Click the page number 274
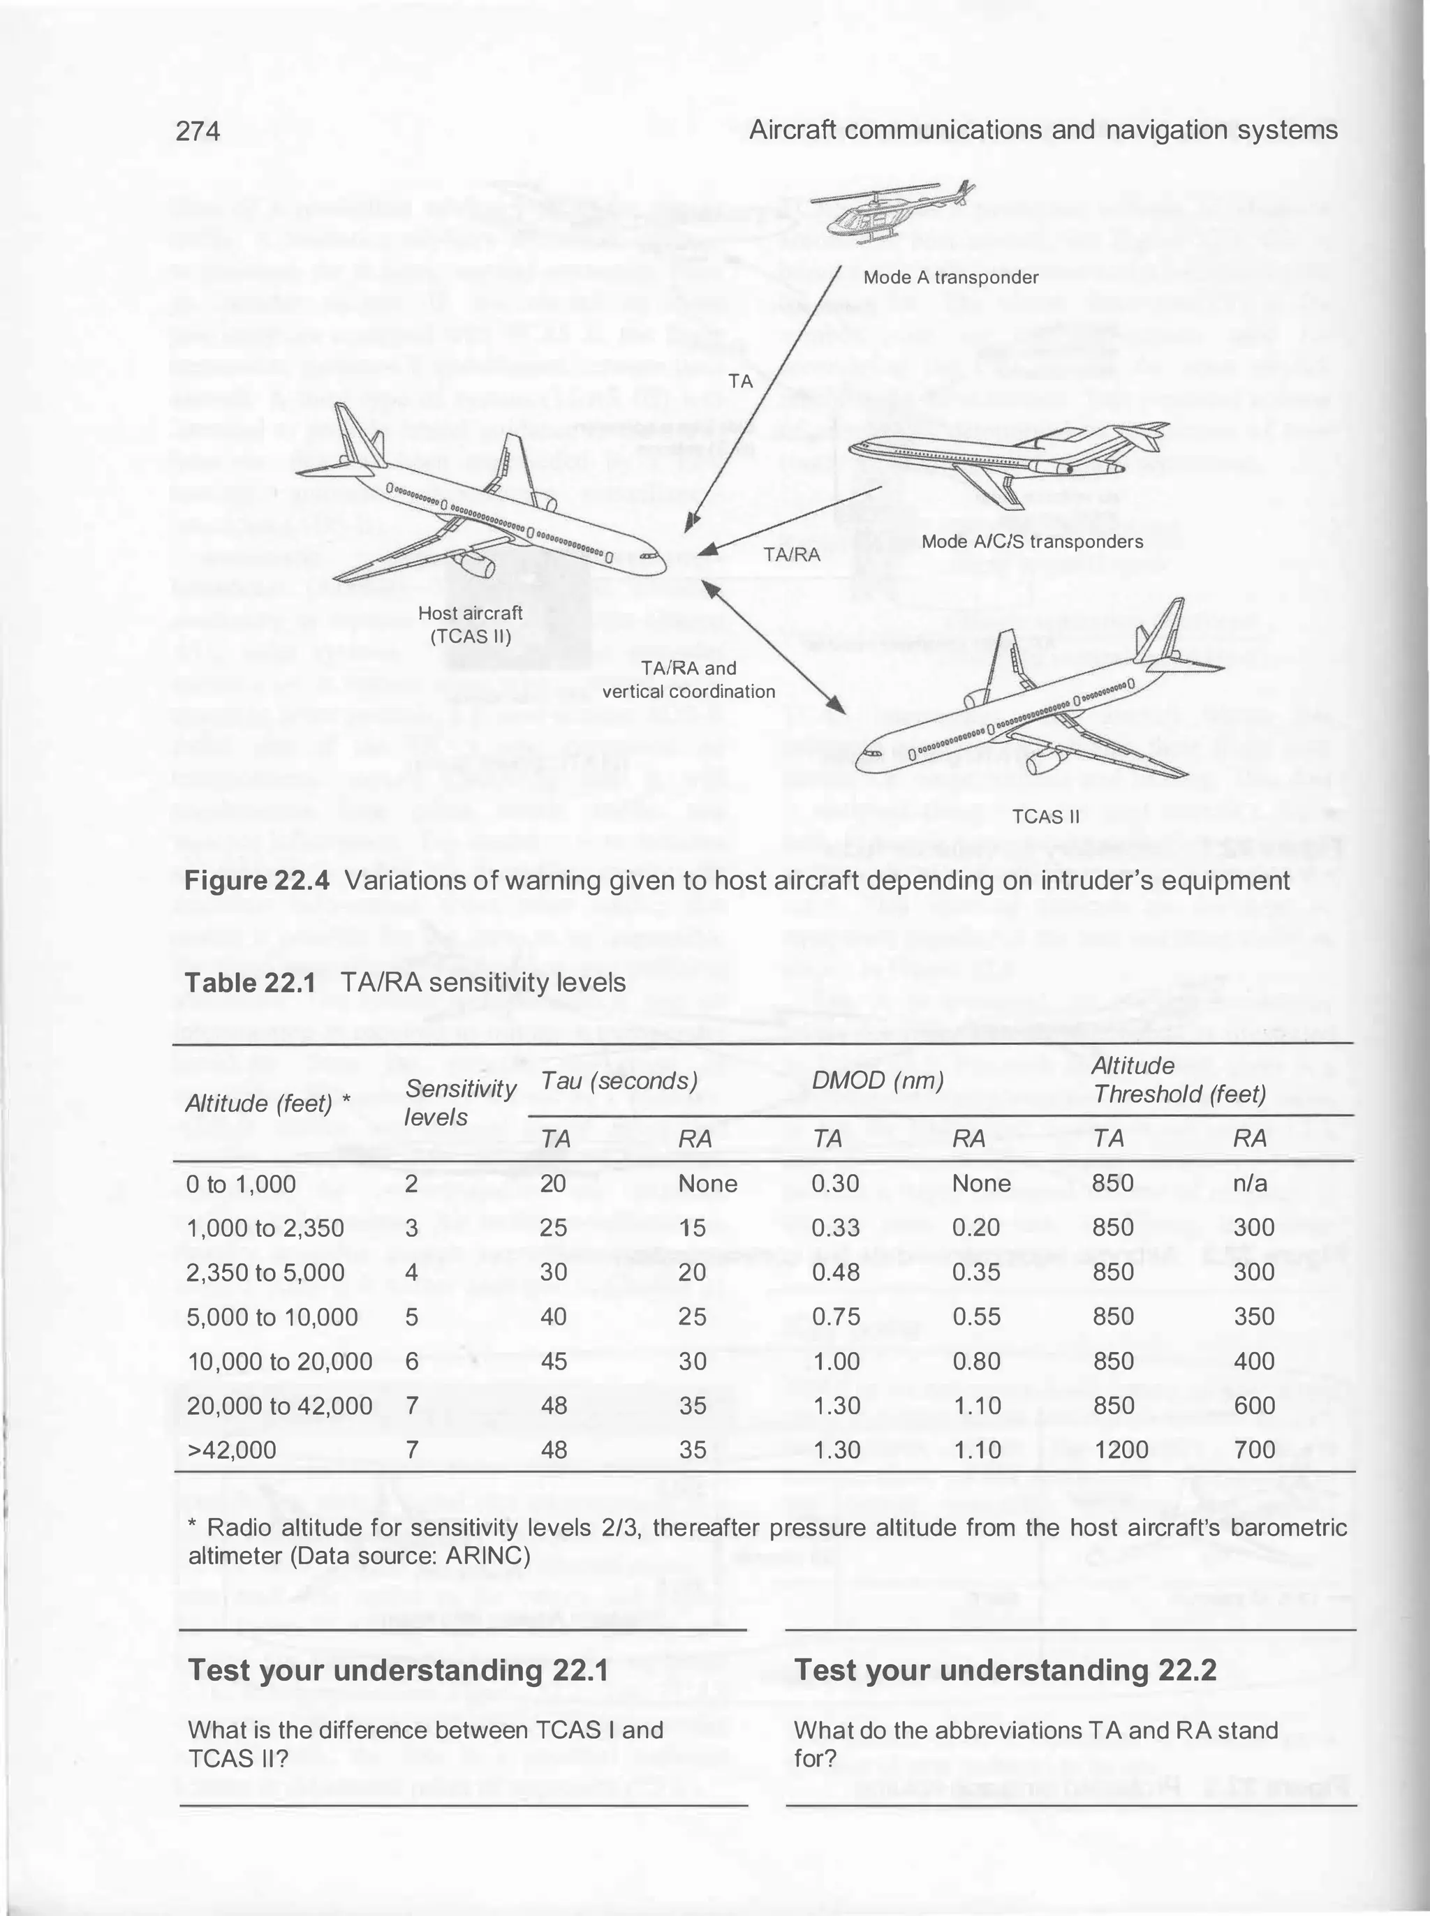tap(198, 131)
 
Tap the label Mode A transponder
tap(950, 278)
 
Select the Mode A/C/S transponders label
tap(1032, 542)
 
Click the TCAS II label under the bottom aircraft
tap(1047, 815)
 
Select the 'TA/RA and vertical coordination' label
tap(688, 679)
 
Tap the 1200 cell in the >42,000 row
tap(1121, 1450)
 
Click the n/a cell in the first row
tap(1249, 1184)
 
